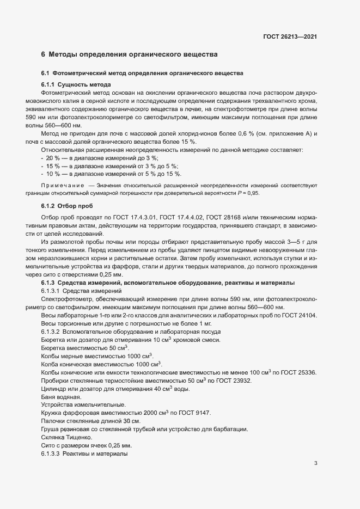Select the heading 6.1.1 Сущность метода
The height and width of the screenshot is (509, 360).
coord(76,85)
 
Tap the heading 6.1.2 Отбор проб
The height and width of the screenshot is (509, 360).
coord(67,205)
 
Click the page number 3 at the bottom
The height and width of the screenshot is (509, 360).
coord(316,463)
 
